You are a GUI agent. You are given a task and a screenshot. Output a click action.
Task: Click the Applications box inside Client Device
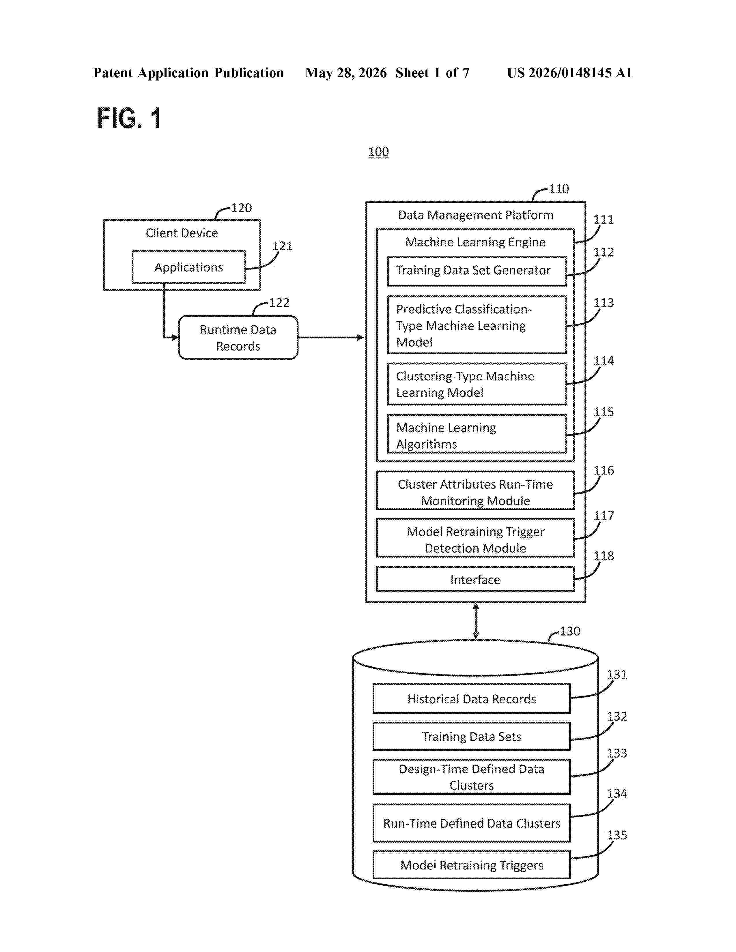pos(189,267)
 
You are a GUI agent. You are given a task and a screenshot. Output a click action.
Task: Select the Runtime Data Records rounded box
pos(238,338)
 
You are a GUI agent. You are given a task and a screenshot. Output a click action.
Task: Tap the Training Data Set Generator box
pos(477,271)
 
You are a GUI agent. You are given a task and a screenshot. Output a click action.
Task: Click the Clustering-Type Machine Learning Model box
pos(477,384)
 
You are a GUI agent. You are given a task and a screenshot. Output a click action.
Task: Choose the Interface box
pos(475,579)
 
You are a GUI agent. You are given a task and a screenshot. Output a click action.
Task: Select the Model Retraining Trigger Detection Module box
pos(475,538)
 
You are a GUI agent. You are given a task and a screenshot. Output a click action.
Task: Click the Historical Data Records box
pos(471,699)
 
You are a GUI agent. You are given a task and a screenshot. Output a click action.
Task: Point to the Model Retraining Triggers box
pos(471,865)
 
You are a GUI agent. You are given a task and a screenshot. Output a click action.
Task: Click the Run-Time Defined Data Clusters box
pos(471,823)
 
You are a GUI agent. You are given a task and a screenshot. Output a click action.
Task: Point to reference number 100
pos(378,152)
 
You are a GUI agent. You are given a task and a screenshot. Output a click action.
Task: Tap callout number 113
pos(604,303)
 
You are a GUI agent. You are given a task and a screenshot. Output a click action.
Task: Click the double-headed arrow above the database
pos(476,621)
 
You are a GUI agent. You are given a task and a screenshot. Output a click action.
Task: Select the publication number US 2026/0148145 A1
pos(569,73)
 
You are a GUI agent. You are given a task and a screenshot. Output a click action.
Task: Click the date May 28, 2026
pos(346,73)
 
